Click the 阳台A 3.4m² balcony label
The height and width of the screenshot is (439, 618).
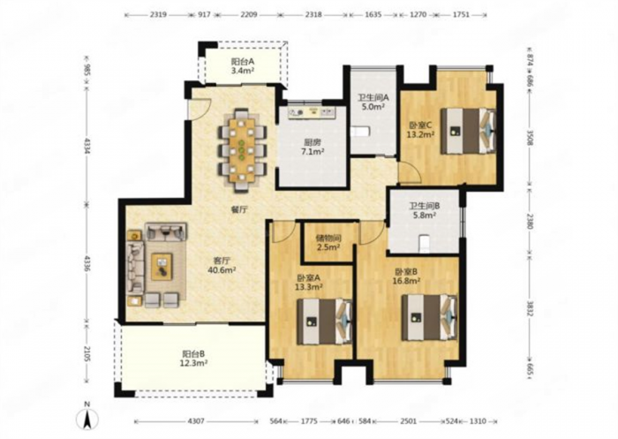pyautogui.click(x=243, y=66)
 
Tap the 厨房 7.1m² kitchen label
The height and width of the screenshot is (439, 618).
pyautogui.click(x=311, y=147)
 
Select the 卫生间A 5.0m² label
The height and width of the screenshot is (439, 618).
pyautogui.click(x=373, y=102)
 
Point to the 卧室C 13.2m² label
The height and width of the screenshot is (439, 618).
pyautogui.click(x=421, y=130)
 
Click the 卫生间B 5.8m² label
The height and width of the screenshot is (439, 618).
pyautogui.click(x=424, y=210)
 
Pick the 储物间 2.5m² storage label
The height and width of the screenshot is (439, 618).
pyautogui.click(x=328, y=243)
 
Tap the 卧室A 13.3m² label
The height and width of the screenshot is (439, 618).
pyautogui.click(x=309, y=282)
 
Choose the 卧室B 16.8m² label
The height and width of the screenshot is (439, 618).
pyautogui.click(x=408, y=276)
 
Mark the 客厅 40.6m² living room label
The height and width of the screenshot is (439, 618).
pyautogui.click(x=222, y=266)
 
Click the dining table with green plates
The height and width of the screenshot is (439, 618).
pyautogui.click(x=243, y=150)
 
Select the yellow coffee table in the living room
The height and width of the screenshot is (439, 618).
pyautogui.click(x=162, y=266)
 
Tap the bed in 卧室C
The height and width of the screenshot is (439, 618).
pyautogui.click(x=468, y=131)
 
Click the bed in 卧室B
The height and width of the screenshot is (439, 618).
pyautogui.click(x=429, y=317)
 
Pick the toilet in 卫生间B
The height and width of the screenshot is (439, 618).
pyautogui.click(x=424, y=243)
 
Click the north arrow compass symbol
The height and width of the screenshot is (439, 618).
pyautogui.click(x=87, y=417)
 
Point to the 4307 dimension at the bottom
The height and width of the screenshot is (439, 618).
pyautogui.click(x=196, y=421)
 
